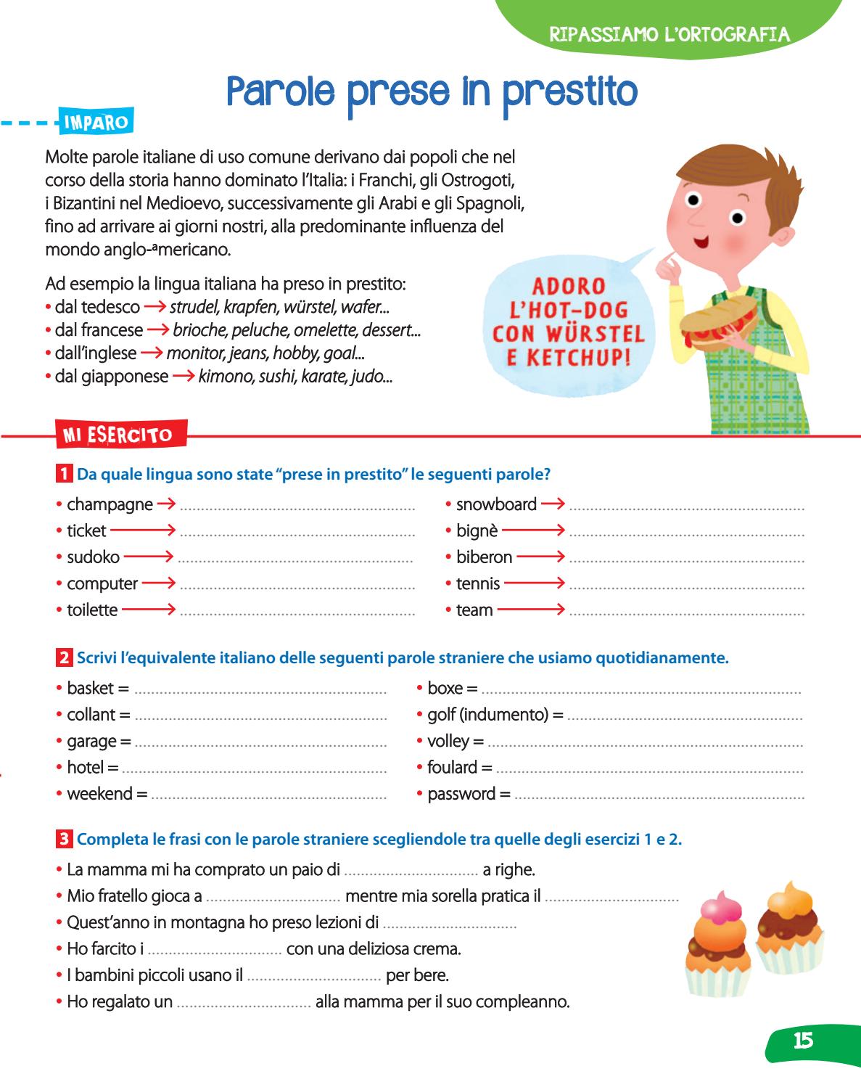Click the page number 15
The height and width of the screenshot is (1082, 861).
click(x=803, y=1041)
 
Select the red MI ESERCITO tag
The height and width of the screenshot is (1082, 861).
click(x=118, y=435)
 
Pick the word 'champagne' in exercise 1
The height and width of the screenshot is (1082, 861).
click(x=110, y=504)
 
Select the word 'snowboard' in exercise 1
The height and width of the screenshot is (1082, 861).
click(x=496, y=504)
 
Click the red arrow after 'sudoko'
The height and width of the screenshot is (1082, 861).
click(x=149, y=557)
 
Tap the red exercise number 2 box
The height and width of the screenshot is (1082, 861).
click(x=64, y=658)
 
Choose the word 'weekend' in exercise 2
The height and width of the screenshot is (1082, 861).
click(x=99, y=794)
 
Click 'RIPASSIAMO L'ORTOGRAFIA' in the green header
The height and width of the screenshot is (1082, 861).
click(x=669, y=34)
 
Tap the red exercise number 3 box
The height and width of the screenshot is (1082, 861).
click(x=64, y=840)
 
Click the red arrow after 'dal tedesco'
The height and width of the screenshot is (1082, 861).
click(x=155, y=307)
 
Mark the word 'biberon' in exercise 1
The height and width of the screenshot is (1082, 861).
click(x=484, y=557)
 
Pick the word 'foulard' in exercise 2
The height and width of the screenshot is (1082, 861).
click(x=452, y=767)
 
